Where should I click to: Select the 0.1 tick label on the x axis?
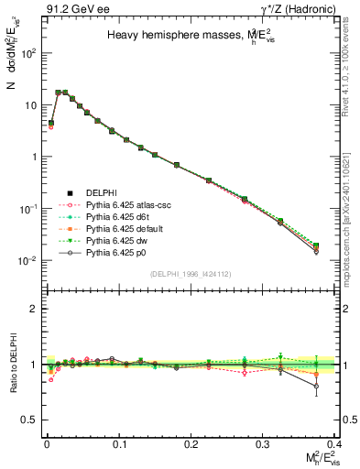tap(119, 443)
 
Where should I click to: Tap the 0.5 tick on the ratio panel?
tap(33, 420)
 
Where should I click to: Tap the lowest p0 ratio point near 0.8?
tap(316, 386)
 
